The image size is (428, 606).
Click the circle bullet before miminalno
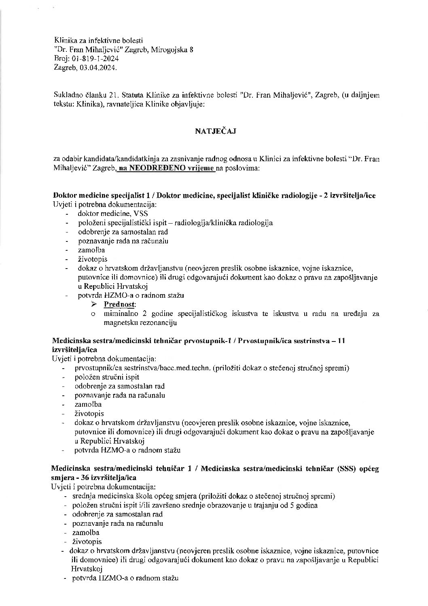pyautogui.click(x=93, y=314)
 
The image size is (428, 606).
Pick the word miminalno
pyautogui.click(x=119, y=314)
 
